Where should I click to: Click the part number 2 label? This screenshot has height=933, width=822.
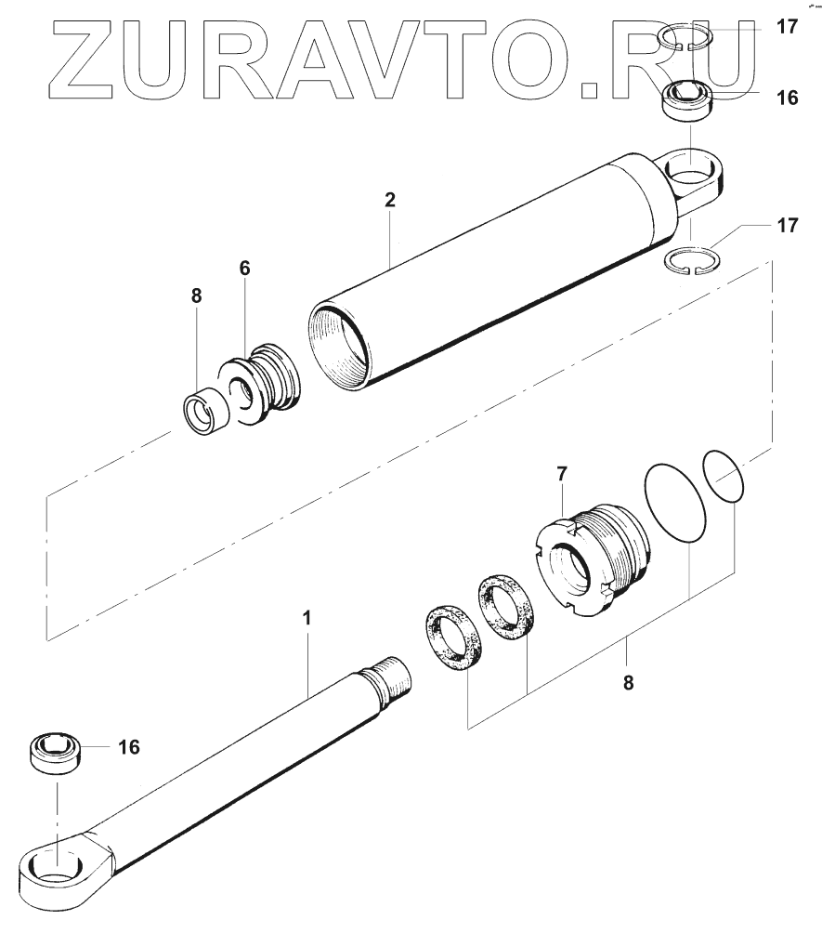pos(391,200)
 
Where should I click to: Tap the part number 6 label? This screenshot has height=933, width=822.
pos(244,268)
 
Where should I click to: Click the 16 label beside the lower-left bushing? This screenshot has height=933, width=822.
pos(128,746)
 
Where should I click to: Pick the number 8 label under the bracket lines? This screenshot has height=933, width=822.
pos(628,682)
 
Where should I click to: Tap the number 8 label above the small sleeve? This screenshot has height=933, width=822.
pos(196,297)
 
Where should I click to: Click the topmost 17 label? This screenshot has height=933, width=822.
pos(787,27)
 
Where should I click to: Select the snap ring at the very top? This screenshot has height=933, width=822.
pos(686,38)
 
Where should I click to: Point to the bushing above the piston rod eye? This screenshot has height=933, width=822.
pos(57,749)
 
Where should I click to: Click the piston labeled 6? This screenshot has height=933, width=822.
pos(265,387)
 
